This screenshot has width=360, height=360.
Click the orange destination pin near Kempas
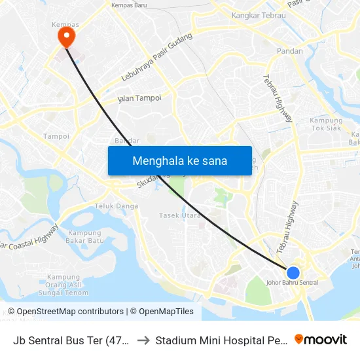(x=66, y=35)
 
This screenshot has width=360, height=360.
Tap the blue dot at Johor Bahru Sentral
(x=293, y=272)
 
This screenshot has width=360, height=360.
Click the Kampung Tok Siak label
(x=326, y=124)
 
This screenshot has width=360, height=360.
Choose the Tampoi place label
(x=56, y=136)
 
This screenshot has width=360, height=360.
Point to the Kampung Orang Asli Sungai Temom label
(x=63, y=284)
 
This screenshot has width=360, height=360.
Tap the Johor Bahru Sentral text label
(x=293, y=283)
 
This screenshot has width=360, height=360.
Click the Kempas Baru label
(x=129, y=5)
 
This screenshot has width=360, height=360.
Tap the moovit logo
(x=321, y=339)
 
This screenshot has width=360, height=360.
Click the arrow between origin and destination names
(x=143, y=340)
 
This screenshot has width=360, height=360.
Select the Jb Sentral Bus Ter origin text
(x=71, y=340)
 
